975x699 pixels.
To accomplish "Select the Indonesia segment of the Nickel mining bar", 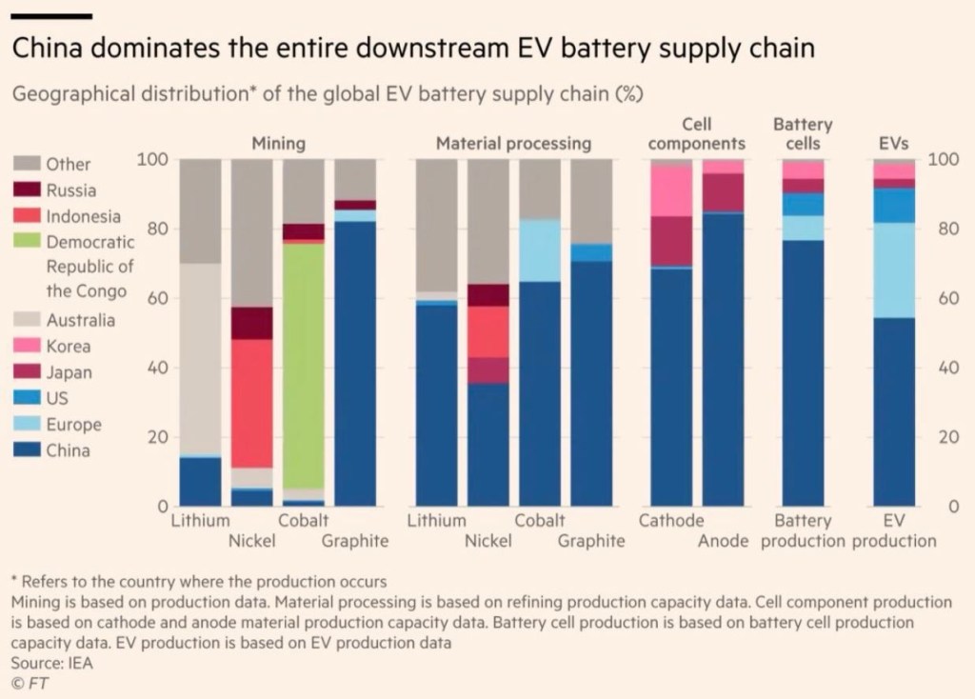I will (251, 403).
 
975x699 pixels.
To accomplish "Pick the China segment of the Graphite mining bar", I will (355, 362).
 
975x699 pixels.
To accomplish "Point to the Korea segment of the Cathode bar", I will (670, 190).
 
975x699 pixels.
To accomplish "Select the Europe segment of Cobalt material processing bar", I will (539, 250).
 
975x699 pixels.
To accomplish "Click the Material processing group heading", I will (513, 144).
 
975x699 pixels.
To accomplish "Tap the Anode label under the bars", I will (724, 541).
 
